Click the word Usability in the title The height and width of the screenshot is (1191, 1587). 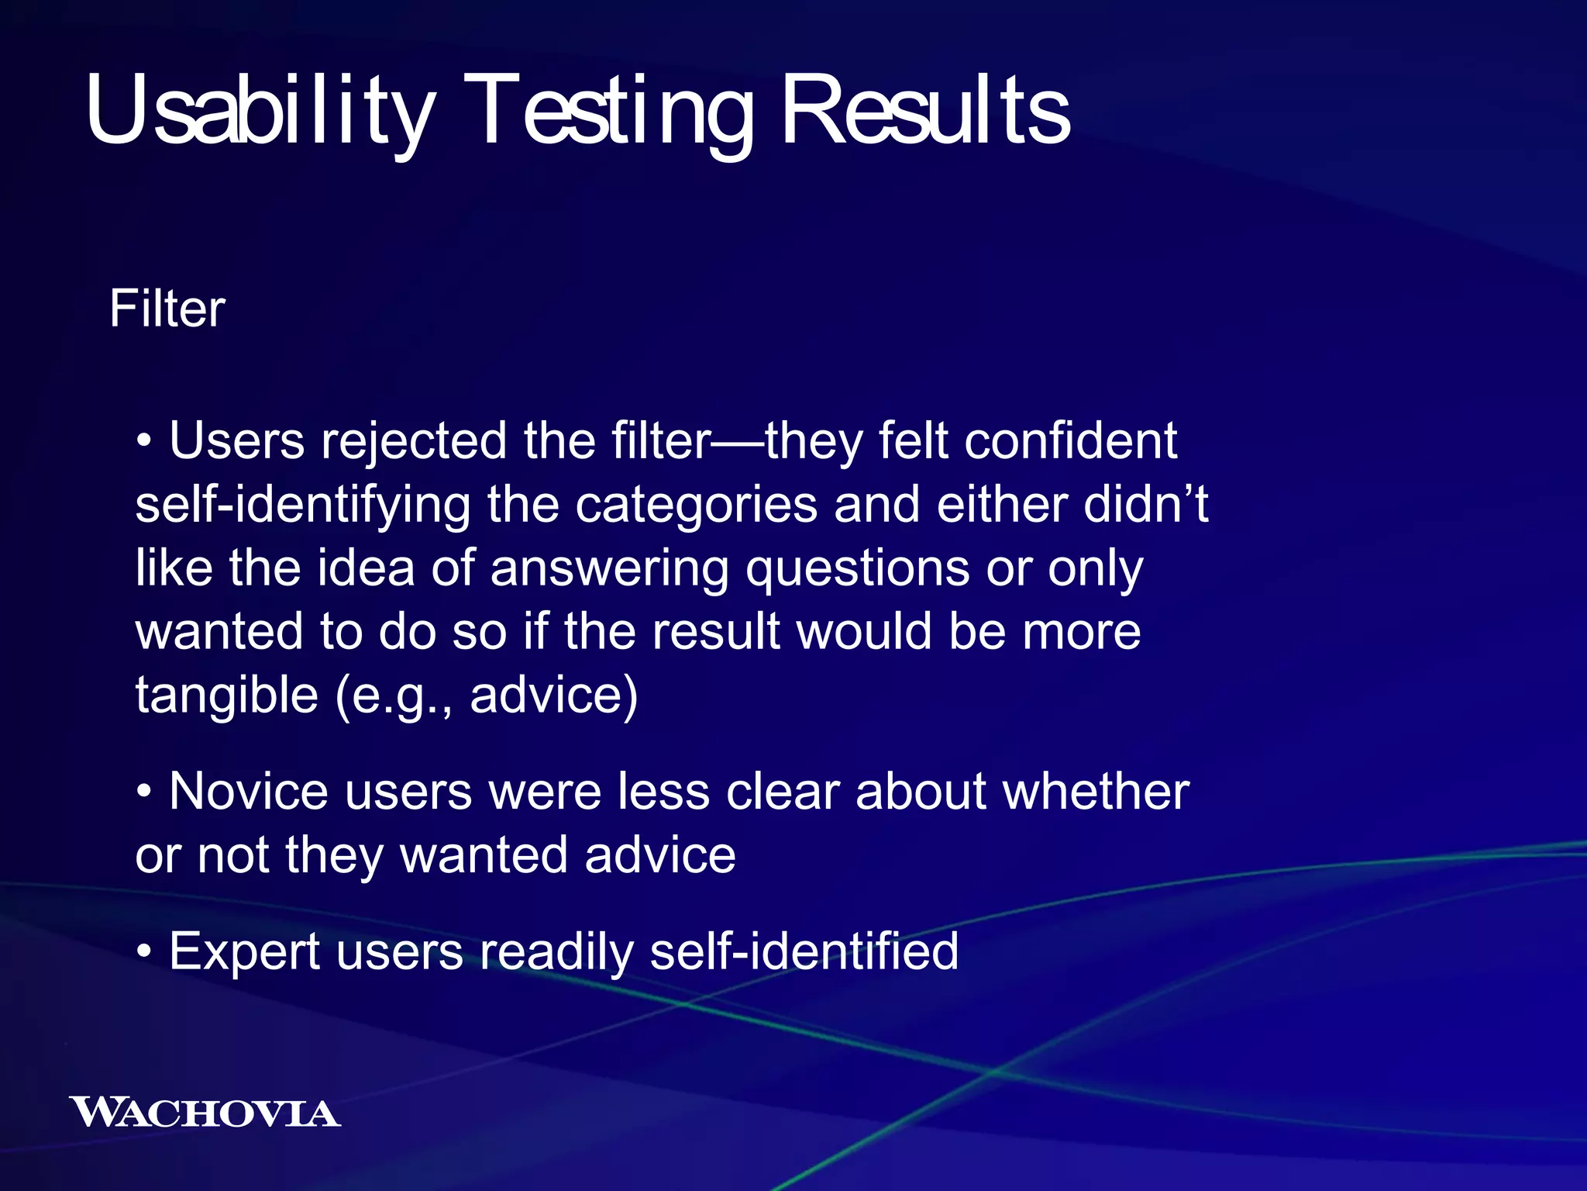coord(260,110)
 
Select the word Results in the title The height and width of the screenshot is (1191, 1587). coord(925,110)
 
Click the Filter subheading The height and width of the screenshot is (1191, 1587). coord(167,309)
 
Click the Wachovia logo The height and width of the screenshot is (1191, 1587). coord(205,1113)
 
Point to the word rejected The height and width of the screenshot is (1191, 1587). coord(414,441)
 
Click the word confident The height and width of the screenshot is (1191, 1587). coord(1070,441)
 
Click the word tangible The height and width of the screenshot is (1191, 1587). coord(226,695)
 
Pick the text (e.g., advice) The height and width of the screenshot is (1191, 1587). coord(487,695)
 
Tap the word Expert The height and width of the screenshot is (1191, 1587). coord(244,951)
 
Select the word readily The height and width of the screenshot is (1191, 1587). coord(556,951)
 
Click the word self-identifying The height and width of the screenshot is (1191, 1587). coord(302,505)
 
